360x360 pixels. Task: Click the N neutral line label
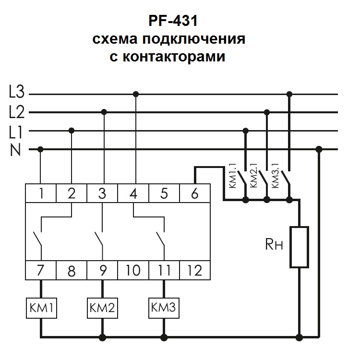point(16,149)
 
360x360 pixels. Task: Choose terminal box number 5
point(164,194)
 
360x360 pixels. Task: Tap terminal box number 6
point(194,194)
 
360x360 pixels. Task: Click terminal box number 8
point(72,271)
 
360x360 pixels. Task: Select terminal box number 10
point(133,271)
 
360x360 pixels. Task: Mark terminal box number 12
point(195,271)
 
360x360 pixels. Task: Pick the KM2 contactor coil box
point(102,307)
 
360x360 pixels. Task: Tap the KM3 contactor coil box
point(164,307)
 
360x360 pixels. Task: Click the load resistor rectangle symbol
point(299,246)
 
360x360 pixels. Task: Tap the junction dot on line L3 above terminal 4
point(136,94)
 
